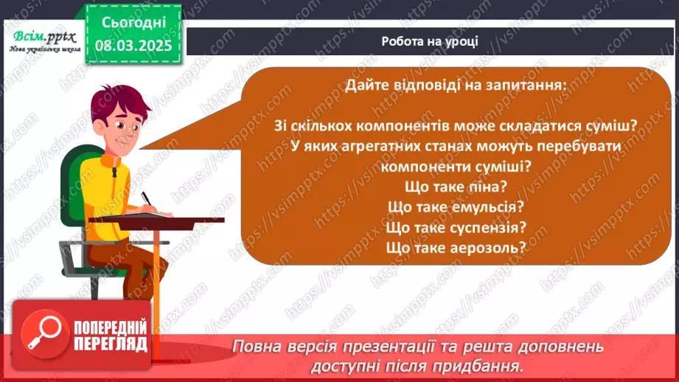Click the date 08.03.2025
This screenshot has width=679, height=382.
tap(133, 45)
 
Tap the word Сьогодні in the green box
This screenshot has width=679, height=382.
tap(133, 22)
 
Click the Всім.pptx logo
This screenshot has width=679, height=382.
tap(44, 41)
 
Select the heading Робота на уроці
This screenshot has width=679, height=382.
tap(430, 41)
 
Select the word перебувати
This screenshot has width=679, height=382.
tap(579, 147)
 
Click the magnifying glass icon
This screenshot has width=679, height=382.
tap(44, 333)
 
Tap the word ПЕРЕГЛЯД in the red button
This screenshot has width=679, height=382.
tap(111, 344)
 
